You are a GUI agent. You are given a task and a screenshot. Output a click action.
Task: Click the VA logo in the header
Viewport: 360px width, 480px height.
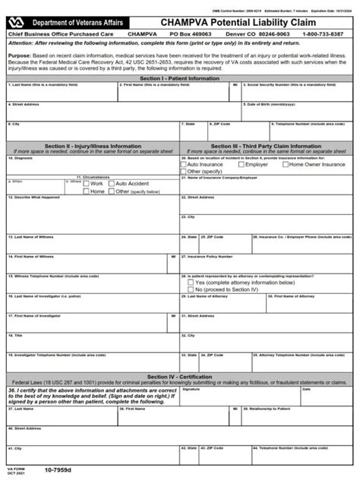(15, 24)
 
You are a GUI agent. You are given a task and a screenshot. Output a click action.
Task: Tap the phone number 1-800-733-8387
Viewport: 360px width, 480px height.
(329, 36)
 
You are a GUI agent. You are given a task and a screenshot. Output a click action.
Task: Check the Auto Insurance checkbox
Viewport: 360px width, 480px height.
(184, 164)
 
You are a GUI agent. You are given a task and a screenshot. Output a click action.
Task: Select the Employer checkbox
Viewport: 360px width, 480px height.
(242, 164)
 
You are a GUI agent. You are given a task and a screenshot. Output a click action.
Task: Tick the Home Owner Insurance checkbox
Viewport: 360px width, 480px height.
(285, 164)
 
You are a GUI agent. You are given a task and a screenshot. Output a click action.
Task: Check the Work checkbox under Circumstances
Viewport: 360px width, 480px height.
(87, 184)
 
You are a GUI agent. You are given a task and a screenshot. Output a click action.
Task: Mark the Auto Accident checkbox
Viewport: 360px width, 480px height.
(112, 184)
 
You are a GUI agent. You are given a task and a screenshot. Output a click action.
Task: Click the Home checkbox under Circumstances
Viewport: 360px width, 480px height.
(87, 191)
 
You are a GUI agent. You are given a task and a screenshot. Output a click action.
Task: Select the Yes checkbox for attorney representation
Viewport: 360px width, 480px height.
(190, 283)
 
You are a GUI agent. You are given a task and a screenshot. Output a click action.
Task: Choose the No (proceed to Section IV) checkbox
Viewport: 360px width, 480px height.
(190, 289)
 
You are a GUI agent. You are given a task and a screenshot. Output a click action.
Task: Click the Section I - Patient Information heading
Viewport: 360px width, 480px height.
(180, 78)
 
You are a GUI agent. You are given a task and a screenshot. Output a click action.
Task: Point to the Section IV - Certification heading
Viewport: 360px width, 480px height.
(180, 377)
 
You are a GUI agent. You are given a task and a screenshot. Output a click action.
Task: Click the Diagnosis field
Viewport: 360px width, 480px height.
(91, 167)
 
